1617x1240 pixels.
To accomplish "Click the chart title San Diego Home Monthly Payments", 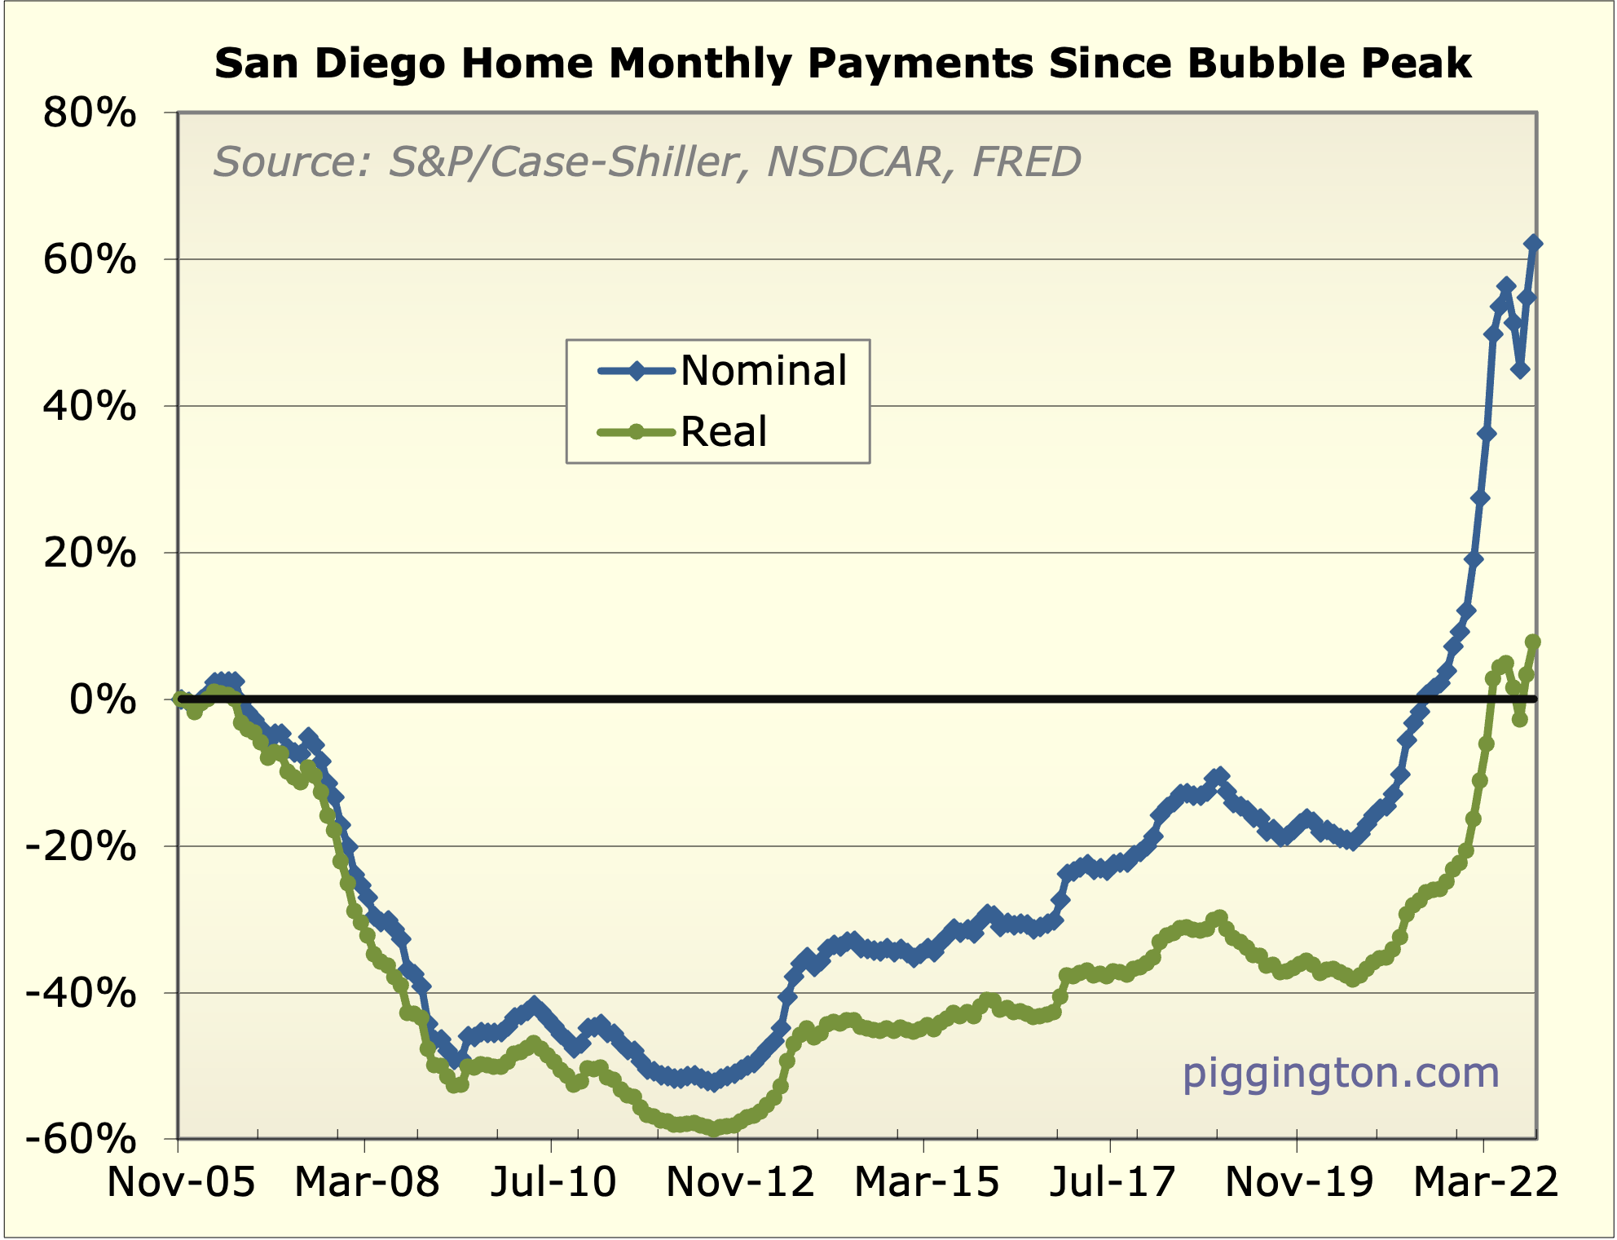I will pyautogui.click(x=843, y=64).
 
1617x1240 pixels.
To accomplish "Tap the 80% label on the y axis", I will pyautogui.click(x=90, y=113).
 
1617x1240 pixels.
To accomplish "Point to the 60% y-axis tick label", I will pyautogui.click(x=90, y=260).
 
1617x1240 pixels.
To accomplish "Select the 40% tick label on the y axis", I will pyautogui.click(x=90, y=406).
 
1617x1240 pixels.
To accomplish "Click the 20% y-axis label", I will pyautogui.click(x=90, y=554).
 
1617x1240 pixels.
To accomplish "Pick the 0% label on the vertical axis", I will pyautogui.click(x=103, y=699).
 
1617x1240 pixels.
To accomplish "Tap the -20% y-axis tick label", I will pyautogui.click(x=82, y=847).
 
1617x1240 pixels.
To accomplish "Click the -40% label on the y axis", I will pyautogui.click(x=82, y=993).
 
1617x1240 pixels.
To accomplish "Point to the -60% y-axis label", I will pyautogui.click(x=82, y=1139).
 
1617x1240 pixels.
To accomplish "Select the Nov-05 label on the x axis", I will pyautogui.click(x=181, y=1182).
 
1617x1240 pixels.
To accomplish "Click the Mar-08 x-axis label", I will pyautogui.click(x=367, y=1182).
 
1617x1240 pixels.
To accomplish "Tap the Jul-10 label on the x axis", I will pyautogui.click(x=553, y=1182).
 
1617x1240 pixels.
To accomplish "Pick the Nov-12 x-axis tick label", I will pyautogui.click(x=740, y=1182).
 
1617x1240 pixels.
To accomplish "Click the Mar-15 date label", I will pyautogui.click(x=927, y=1182).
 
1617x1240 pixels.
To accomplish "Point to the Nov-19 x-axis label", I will pyautogui.click(x=1299, y=1182).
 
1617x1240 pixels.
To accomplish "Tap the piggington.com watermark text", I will pyautogui.click(x=1341, y=1073).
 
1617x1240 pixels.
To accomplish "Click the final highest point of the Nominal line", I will pyautogui.click(x=1533, y=243).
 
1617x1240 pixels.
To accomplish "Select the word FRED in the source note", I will pyautogui.click(x=1026, y=161).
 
